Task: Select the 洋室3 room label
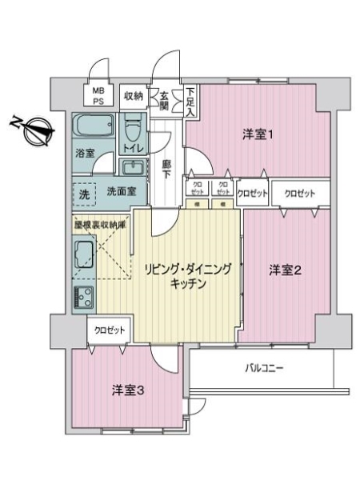(127, 390)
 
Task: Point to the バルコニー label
(264, 369)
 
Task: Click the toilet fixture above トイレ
(132, 126)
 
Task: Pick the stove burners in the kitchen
(82, 296)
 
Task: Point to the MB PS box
(98, 95)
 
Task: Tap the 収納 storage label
(133, 96)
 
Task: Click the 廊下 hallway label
(166, 170)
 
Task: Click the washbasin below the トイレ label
(131, 167)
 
